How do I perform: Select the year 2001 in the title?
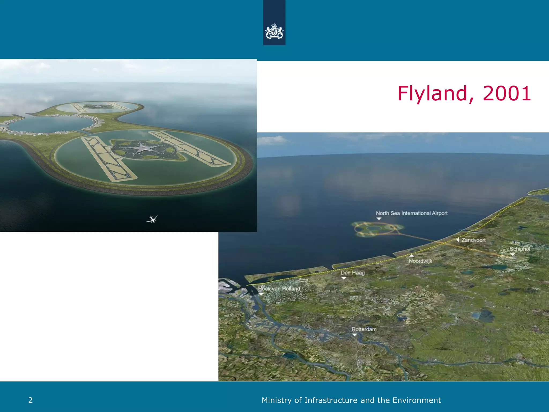507,94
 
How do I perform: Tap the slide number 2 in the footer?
30,400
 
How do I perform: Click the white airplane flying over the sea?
152,219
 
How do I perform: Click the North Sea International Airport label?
412,213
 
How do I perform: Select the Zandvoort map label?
473,240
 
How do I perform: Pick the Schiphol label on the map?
520,249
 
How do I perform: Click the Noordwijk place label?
420,261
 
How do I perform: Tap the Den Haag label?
353,273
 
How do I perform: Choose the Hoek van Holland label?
279,289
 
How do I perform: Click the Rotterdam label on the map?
364,329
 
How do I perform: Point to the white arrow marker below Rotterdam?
354,335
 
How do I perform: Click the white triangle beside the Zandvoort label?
458,240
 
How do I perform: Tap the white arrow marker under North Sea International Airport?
379,219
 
